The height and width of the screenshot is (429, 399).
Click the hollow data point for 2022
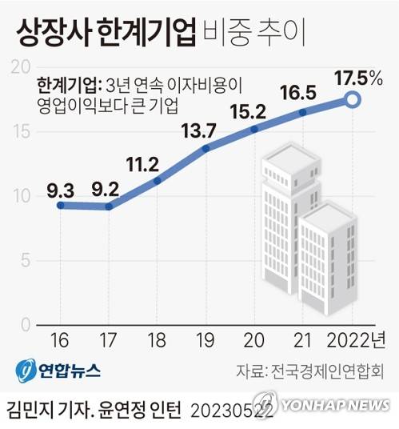pyautogui.click(x=353, y=99)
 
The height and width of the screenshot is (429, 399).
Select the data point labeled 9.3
pyautogui.click(x=61, y=205)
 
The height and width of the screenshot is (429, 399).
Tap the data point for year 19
pyautogui.click(x=206, y=148)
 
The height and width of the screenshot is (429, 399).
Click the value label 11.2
pyautogui.click(x=143, y=166)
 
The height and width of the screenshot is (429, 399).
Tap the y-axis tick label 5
pyautogui.click(x=24, y=261)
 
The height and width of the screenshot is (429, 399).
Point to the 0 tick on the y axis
pyautogui.click(x=24, y=325)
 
